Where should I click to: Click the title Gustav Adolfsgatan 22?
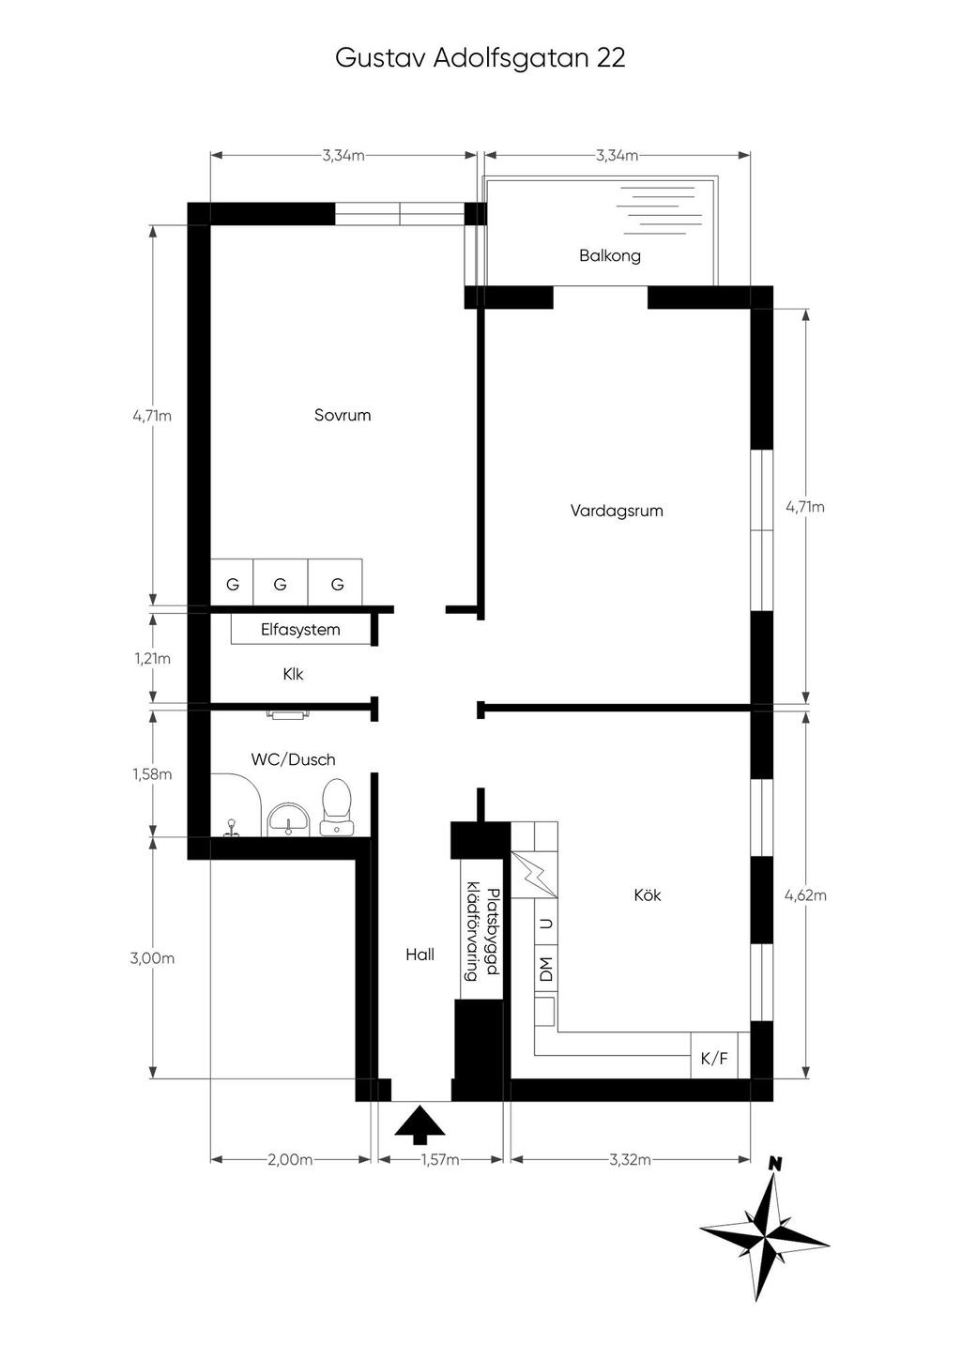pos(480,58)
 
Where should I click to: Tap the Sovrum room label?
pos(343,415)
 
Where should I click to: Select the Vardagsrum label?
pos(617,512)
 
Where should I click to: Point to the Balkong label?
pos(609,255)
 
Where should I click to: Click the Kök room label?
pos(648,894)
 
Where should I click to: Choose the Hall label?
pos(419,955)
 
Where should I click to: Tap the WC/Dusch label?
pos(293,759)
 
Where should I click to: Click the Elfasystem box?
pos(300,630)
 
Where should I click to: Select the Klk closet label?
pos(293,674)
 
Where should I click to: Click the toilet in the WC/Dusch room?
pos(336,807)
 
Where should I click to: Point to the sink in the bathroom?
pos(289,819)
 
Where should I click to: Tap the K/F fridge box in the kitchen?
pos(714,1059)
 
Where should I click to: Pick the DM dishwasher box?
pos(546,969)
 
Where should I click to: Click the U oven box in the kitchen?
pos(546,923)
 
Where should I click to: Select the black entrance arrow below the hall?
pos(419,1122)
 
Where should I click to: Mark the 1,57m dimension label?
pos(440,1160)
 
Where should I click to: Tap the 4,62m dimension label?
pos(805,895)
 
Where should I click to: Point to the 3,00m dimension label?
pos(152,958)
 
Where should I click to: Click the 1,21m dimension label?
pos(152,659)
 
